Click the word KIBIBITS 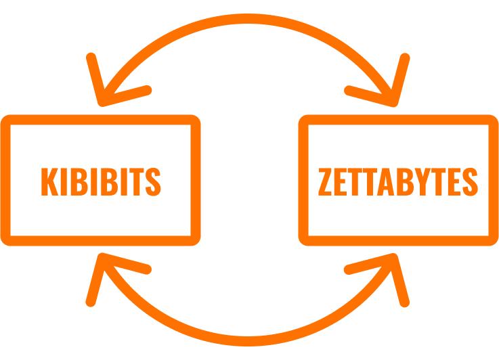click(x=101, y=181)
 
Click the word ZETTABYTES click(x=398, y=181)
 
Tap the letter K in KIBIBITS click(x=49, y=181)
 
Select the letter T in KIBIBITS click(x=137, y=181)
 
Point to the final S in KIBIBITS click(x=153, y=181)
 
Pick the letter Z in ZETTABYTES click(x=325, y=181)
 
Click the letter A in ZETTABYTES click(x=385, y=181)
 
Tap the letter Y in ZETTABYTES click(x=422, y=181)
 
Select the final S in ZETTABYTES click(x=471, y=181)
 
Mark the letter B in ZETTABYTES click(x=405, y=181)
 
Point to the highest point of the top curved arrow click(x=248, y=18)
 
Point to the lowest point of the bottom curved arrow click(x=248, y=341)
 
